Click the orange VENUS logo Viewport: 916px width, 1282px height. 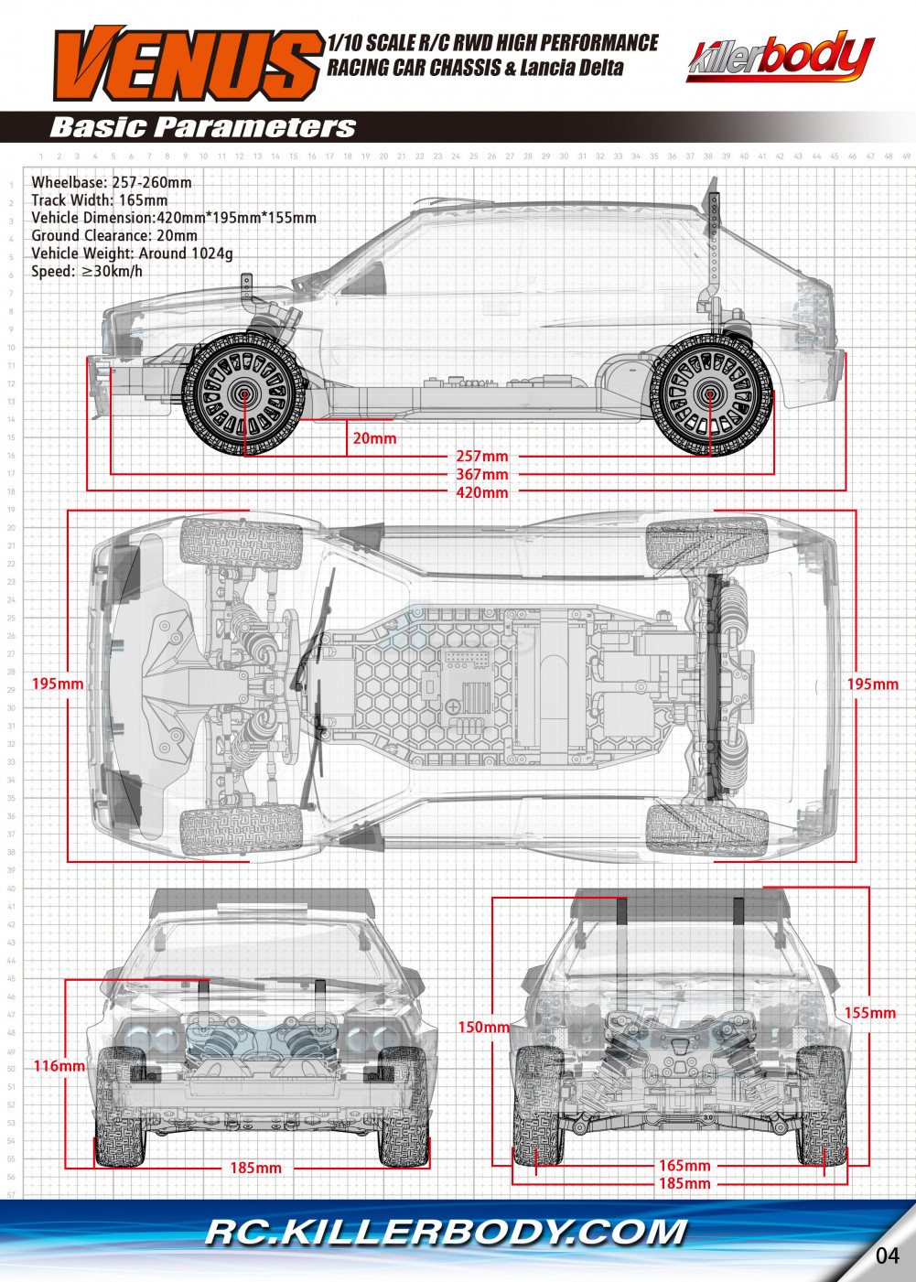(x=188, y=63)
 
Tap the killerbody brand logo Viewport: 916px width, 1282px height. (x=780, y=57)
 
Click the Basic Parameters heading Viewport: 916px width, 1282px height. (x=202, y=127)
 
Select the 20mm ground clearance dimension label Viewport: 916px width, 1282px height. (x=374, y=438)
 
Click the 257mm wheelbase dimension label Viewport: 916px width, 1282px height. (x=482, y=456)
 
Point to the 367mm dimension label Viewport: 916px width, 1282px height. (x=482, y=474)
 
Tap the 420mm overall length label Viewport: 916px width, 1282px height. (x=482, y=492)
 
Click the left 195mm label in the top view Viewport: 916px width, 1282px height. (x=57, y=684)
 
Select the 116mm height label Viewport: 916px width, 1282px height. (x=59, y=1065)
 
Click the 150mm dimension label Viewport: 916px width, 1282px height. (x=483, y=1027)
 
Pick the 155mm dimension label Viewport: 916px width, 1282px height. (x=869, y=1013)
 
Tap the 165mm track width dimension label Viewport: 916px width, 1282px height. (x=684, y=1166)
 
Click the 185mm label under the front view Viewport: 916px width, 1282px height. (x=255, y=1168)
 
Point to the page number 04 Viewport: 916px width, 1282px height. (x=887, y=1255)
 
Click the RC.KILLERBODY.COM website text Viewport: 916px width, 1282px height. (x=446, y=1233)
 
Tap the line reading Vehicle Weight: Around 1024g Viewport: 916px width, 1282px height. (x=132, y=253)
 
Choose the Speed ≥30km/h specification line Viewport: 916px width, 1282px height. (x=87, y=271)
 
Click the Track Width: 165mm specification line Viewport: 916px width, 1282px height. (x=99, y=199)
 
